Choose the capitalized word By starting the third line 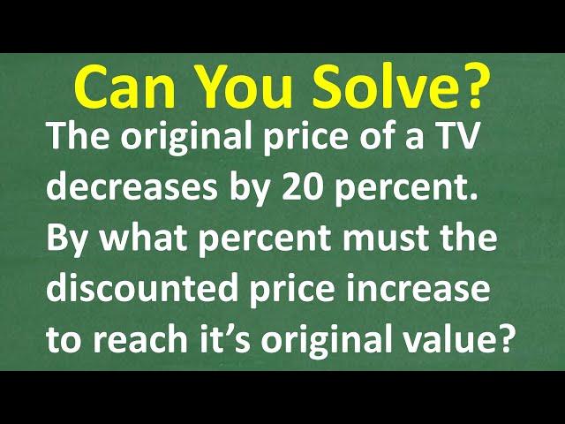[x=64, y=240]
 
